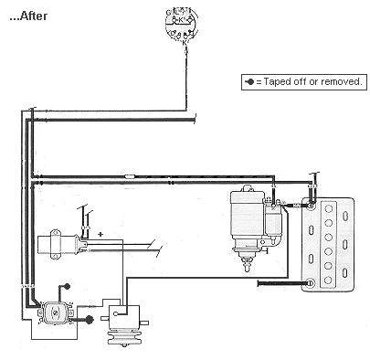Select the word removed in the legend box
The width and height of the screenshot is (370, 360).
343,81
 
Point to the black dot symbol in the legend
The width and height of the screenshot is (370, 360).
250,81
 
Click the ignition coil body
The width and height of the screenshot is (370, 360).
58,244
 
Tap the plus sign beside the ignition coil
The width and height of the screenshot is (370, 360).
100,233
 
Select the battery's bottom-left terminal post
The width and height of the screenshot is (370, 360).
309,283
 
